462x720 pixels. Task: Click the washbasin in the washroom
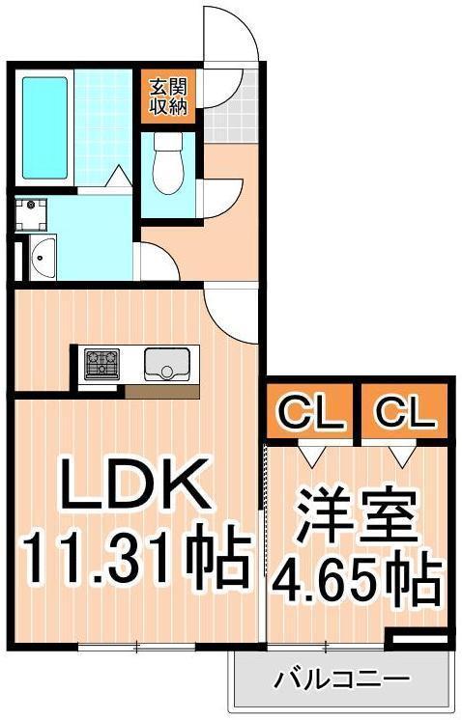click(43, 256)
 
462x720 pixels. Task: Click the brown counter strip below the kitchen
click(161, 391)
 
